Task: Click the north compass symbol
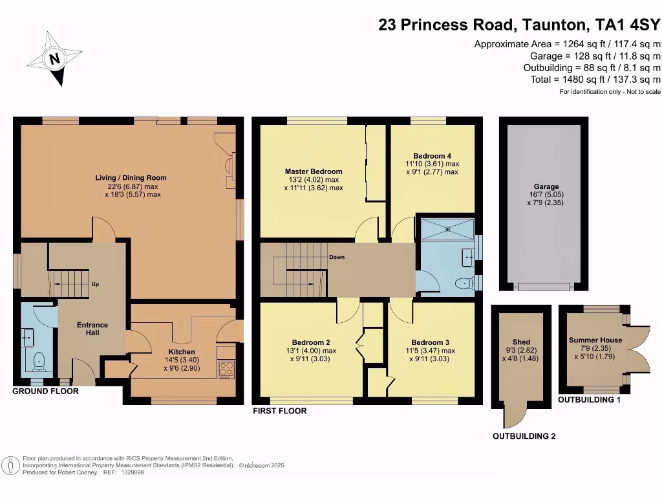tap(55, 59)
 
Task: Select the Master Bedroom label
tap(314, 171)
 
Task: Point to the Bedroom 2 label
tap(312, 342)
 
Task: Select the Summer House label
tap(595, 340)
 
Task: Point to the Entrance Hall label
tap(92, 329)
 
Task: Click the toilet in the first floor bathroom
tap(463, 283)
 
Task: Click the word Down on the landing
tap(337, 257)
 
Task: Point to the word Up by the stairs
tap(94, 284)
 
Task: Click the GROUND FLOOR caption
tap(46, 392)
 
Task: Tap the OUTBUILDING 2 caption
tap(524, 436)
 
